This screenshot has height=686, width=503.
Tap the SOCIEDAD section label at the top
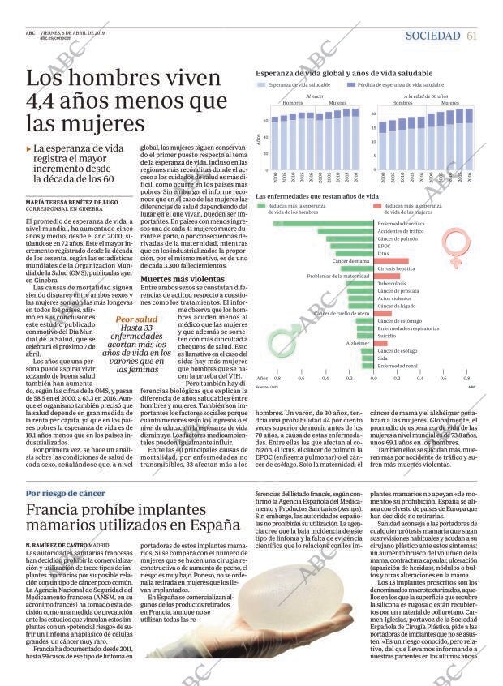[x=432, y=35]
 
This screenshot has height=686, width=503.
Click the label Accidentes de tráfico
[x=402, y=231]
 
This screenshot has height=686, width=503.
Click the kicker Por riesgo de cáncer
[x=65, y=493]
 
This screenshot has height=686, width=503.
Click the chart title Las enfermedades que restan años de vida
[x=316, y=196]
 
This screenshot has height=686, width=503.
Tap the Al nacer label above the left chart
[x=313, y=96]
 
